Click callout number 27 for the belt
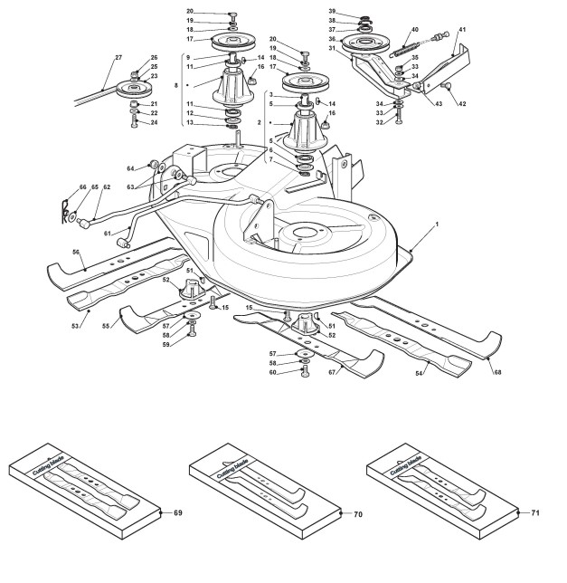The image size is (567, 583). click(118, 58)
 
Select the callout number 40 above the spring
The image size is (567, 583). click(415, 29)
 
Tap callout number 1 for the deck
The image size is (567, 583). click(437, 225)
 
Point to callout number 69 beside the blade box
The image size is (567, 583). click(178, 512)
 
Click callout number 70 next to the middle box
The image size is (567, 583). click(357, 514)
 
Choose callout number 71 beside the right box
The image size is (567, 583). click(535, 512)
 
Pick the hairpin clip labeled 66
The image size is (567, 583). click(64, 212)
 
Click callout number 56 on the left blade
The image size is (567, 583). click(76, 252)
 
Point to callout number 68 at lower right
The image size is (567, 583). click(497, 372)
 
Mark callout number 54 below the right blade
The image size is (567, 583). click(419, 373)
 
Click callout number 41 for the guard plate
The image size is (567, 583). click(462, 29)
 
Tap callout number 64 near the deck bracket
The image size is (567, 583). click(130, 168)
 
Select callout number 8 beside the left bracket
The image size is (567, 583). click(176, 85)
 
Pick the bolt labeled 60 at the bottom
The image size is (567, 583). click(305, 371)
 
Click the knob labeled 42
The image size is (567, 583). click(446, 86)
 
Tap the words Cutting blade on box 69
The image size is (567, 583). click(48, 465)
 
